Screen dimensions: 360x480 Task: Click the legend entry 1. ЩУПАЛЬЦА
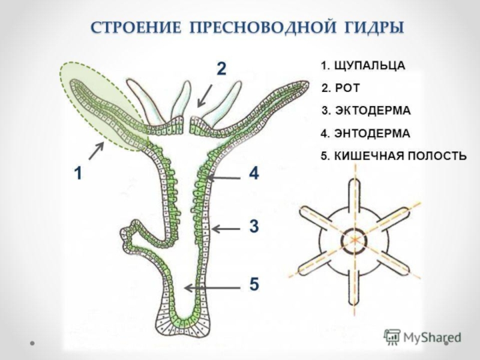click(x=362, y=65)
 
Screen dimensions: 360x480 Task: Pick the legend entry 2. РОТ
click(x=341, y=88)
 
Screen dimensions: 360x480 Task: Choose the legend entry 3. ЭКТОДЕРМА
click(x=366, y=111)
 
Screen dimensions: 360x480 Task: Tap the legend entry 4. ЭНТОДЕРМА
click(x=365, y=133)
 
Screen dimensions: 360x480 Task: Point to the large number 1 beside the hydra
click(x=77, y=174)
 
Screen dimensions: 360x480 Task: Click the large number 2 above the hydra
click(x=221, y=70)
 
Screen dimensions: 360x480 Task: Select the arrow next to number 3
click(x=226, y=228)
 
